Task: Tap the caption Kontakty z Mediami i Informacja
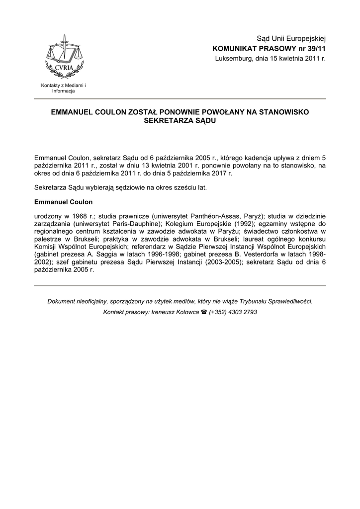63,88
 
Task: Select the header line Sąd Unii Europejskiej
290,39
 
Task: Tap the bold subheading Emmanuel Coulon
63,202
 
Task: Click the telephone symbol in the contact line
203,312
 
